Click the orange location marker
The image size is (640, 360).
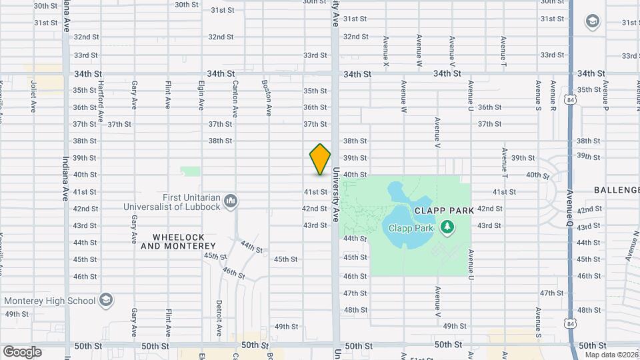320,159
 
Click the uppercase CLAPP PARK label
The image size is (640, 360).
443,210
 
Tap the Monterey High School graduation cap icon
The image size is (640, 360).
106,301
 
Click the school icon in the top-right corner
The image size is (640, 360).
591,22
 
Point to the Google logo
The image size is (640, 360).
22,351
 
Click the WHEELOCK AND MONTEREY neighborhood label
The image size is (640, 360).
178,241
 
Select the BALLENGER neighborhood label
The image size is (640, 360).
617,190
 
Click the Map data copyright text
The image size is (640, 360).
611,354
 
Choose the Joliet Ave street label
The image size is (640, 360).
33,97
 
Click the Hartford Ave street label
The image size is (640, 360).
101,97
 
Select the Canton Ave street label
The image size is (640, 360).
235,96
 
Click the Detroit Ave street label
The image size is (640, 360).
219,318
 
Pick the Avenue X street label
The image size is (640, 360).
386,51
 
